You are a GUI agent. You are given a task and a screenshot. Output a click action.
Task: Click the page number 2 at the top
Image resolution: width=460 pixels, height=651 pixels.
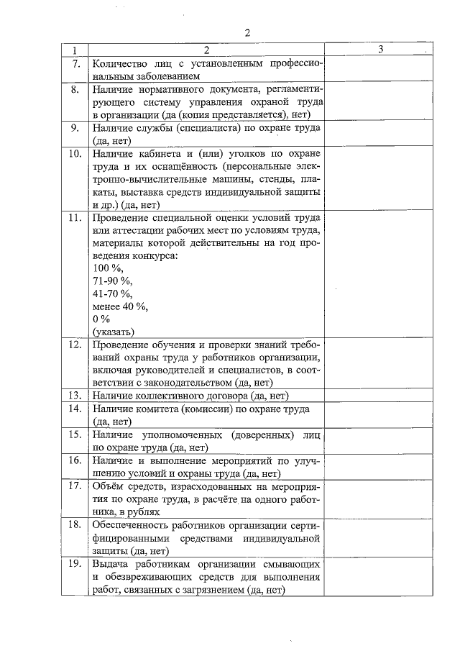247,32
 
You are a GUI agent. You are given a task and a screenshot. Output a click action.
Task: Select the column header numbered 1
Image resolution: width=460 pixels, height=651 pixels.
73,50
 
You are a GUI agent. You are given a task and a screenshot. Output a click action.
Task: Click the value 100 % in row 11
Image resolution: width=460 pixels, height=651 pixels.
108,268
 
